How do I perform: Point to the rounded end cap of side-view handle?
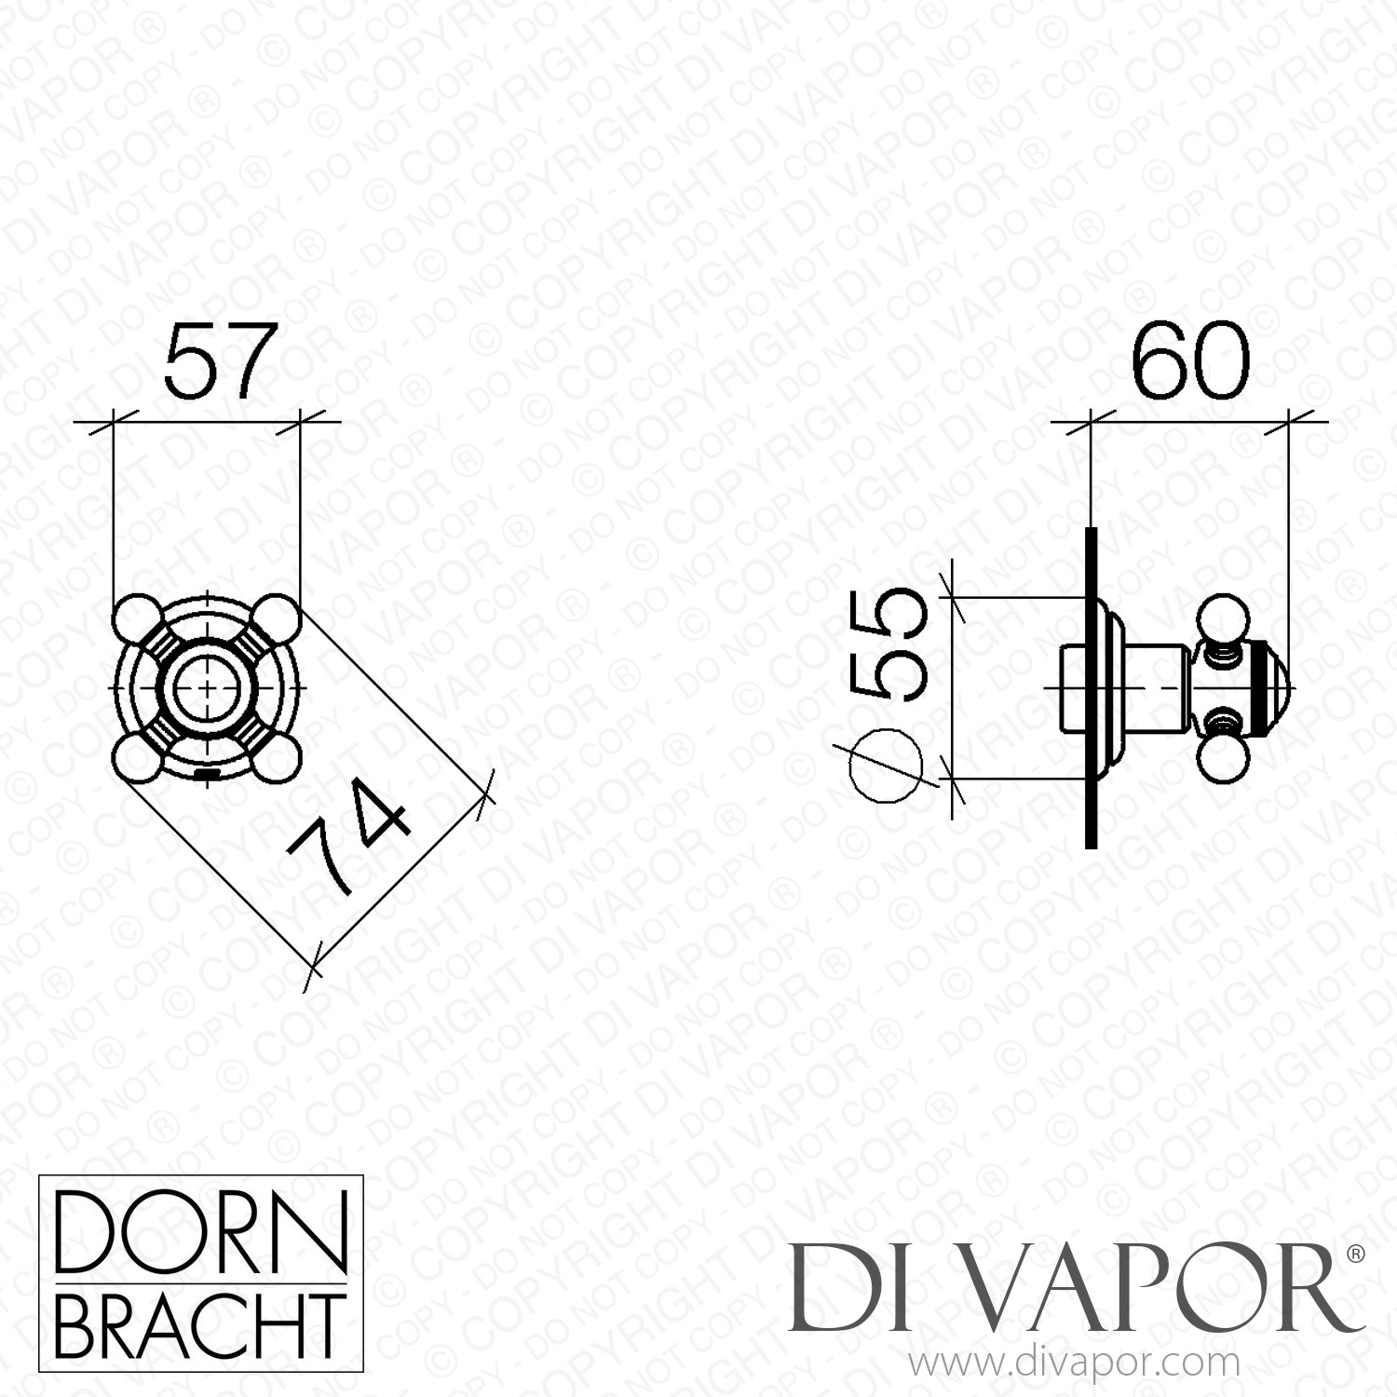[1274, 687]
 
